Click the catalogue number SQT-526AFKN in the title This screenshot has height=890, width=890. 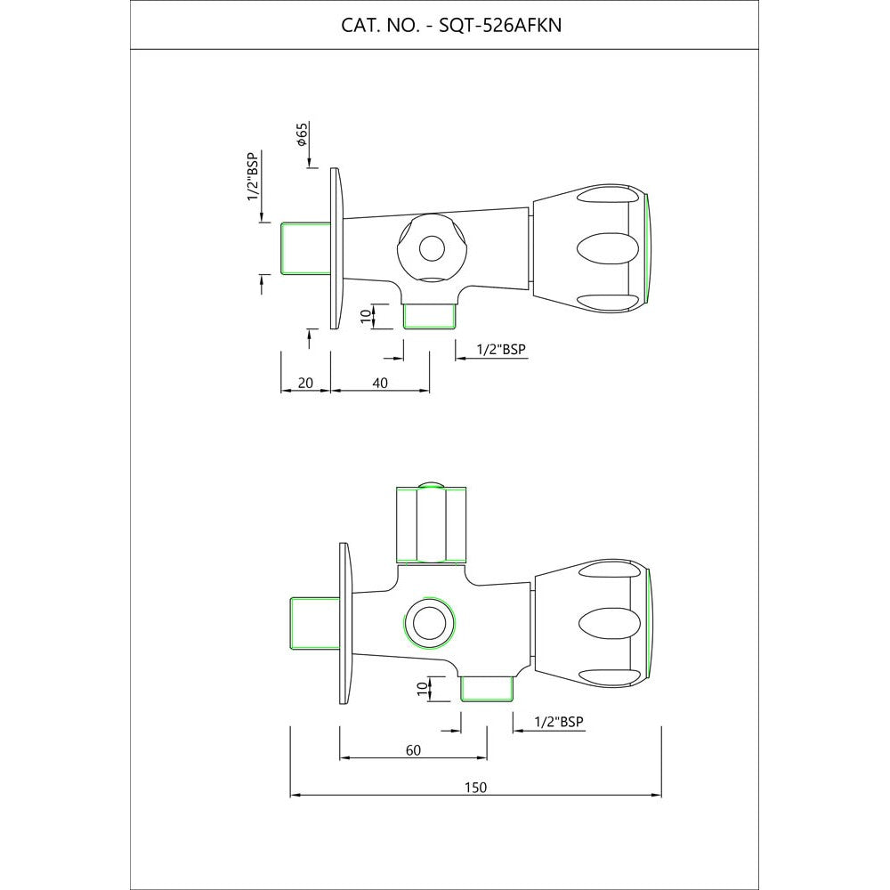click(500, 26)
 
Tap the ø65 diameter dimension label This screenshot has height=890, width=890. click(302, 134)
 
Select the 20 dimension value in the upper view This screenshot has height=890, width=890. click(305, 383)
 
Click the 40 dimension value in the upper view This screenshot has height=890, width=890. click(380, 383)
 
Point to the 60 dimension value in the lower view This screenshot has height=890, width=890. click(413, 750)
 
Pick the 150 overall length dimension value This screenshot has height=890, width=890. click(475, 788)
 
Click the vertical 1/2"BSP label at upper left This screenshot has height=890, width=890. click(253, 176)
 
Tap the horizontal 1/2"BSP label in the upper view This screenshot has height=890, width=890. click(501, 349)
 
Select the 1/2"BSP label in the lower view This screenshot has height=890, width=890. click(559, 722)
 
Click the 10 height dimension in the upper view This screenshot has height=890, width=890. click(366, 316)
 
